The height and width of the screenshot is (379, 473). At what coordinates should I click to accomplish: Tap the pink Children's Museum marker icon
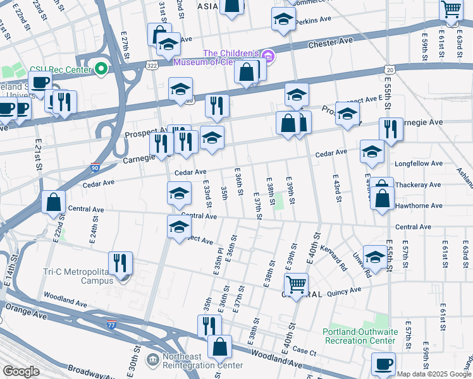pos(269,57)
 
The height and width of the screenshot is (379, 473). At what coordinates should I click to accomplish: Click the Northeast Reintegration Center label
pos(202,361)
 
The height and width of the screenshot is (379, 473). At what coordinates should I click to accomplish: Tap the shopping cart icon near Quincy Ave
pos(296,285)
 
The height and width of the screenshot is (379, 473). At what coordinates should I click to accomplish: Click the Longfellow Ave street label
pos(419,164)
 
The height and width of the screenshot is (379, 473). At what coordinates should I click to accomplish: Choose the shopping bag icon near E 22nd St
pos(54,202)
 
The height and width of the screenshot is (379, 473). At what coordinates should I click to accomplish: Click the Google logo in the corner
pos(21,371)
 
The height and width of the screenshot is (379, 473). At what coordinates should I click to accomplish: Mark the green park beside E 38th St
pos(278,202)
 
